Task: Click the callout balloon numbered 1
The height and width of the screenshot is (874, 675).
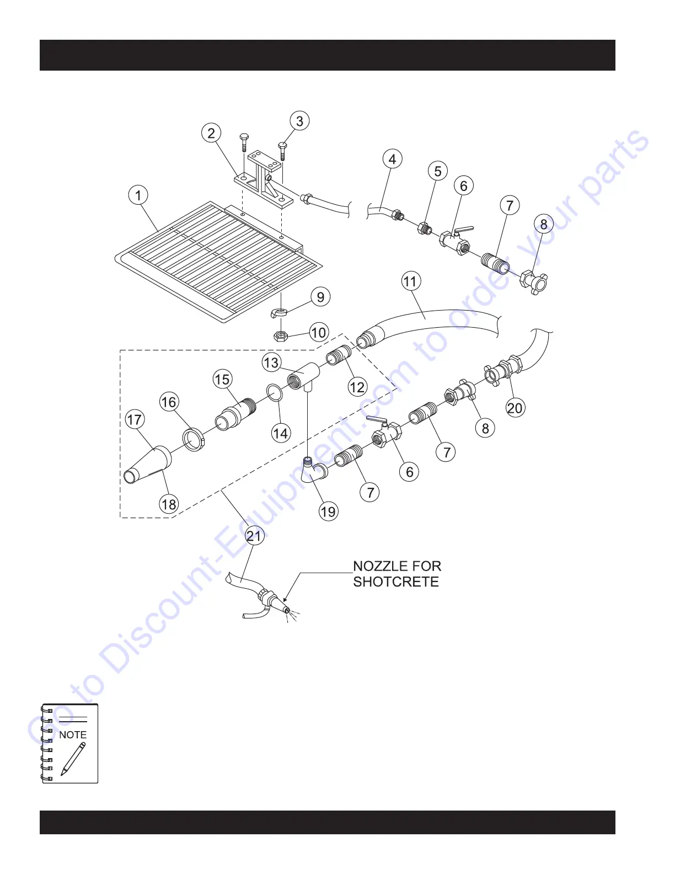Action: (138, 195)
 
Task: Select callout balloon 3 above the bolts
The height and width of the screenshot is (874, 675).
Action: (299, 121)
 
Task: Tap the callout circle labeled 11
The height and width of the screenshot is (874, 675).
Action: (410, 281)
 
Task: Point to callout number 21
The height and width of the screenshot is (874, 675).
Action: (254, 536)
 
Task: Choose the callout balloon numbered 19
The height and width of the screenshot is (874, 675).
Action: (328, 511)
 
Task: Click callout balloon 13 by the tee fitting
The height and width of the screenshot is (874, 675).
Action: (271, 363)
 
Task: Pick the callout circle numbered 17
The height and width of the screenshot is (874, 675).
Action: (135, 420)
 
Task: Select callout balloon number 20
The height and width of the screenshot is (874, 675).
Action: (515, 408)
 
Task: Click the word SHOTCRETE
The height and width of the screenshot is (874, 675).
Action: (396, 582)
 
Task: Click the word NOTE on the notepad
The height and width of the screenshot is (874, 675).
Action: (73, 735)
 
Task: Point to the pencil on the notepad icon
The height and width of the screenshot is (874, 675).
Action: (73, 759)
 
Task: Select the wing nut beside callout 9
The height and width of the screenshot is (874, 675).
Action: (278, 313)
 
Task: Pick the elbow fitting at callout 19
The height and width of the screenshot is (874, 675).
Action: (312, 471)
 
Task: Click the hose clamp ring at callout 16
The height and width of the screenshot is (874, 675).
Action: (194, 440)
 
